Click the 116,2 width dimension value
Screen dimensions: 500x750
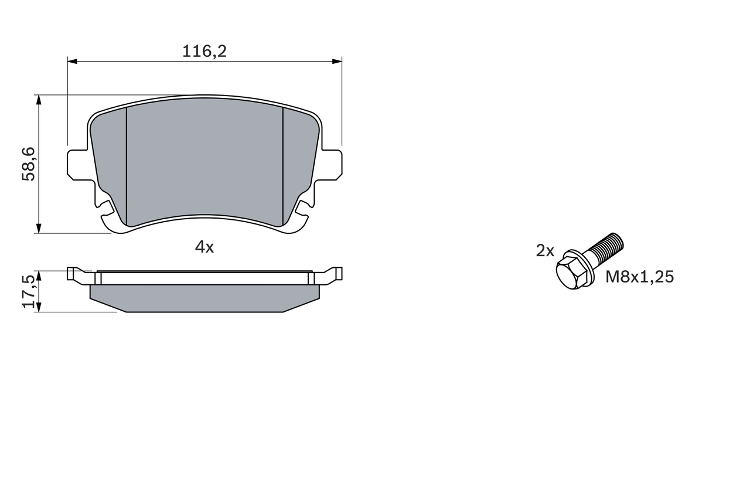pyautogui.click(x=204, y=52)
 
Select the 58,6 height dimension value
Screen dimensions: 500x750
pyautogui.click(x=29, y=164)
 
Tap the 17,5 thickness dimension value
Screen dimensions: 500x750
pyautogui.click(x=29, y=291)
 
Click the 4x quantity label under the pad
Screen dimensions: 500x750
pyautogui.click(x=204, y=247)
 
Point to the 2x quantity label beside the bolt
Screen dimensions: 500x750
pyautogui.click(x=545, y=251)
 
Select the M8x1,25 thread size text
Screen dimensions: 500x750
pyautogui.click(x=639, y=277)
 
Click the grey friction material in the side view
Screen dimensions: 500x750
pyautogui.click(x=204, y=298)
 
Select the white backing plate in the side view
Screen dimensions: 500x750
pyautogui.click(x=204, y=278)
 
